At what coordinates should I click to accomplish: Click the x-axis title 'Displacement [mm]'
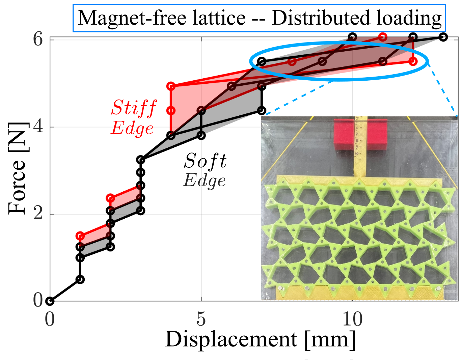click(x=260, y=339)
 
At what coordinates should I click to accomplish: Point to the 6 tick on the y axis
click(x=38, y=39)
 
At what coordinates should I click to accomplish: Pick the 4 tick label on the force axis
click(x=38, y=127)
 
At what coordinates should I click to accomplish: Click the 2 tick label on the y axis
click(x=38, y=214)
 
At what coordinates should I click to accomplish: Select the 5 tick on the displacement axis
click(x=201, y=319)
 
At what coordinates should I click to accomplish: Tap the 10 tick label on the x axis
click(x=352, y=319)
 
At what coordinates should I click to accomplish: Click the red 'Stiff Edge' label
click(x=133, y=118)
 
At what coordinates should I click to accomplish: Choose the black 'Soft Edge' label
click(x=205, y=170)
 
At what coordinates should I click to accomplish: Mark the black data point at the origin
click(x=50, y=301)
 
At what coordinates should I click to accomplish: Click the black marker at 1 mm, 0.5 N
click(x=80, y=279)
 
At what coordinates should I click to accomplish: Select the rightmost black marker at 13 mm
click(x=443, y=37)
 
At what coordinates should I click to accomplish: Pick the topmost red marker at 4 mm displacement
click(x=171, y=86)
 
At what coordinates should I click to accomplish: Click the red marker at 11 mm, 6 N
click(x=383, y=37)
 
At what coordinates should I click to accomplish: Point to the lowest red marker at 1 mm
click(x=80, y=236)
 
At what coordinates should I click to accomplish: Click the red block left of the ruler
click(x=343, y=134)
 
